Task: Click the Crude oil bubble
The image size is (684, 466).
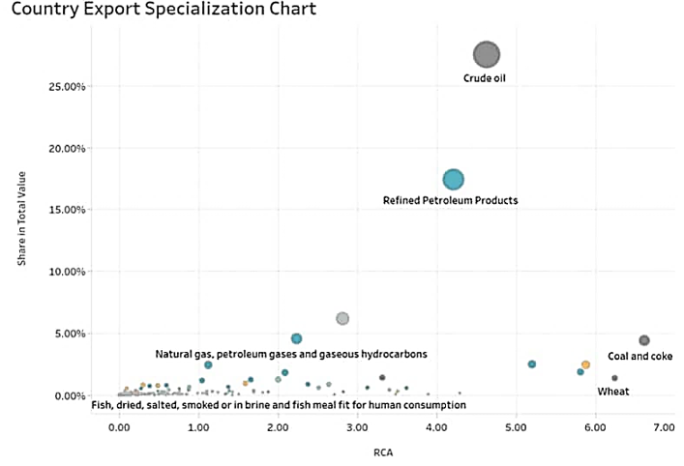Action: pos(487,55)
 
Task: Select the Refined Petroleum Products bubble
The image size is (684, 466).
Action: pos(453,179)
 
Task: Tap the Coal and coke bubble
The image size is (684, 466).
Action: pos(644,340)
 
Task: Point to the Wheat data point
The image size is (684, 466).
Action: pos(614,378)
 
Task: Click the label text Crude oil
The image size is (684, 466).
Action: pos(485,79)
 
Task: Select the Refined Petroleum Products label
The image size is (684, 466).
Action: pos(451,200)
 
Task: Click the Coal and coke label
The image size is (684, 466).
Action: pos(639,356)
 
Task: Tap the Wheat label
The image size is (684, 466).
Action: pos(613,392)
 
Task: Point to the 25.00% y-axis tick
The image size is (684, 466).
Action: pos(68,86)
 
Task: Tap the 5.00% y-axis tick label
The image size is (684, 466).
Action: pos(70,334)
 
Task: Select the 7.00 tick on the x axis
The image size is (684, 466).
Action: pos(665,425)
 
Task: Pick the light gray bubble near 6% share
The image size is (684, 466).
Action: pos(342,318)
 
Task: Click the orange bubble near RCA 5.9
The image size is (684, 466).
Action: pos(585,364)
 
